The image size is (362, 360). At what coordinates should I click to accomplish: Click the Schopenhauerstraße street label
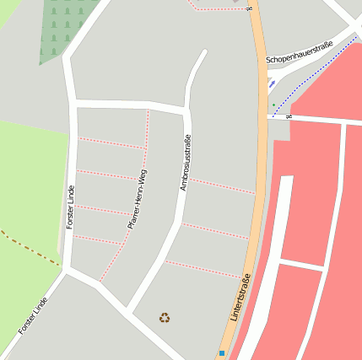[x=300, y=52]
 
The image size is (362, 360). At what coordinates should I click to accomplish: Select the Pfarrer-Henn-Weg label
[x=138, y=199]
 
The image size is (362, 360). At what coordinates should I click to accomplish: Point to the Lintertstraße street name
[x=240, y=298]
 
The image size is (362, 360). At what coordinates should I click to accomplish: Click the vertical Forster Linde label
[x=70, y=206]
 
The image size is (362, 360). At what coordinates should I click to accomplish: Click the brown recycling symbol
[x=164, y=318]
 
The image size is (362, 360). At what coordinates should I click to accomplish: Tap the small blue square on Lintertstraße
[x=222, y=352]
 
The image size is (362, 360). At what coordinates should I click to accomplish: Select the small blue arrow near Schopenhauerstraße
[x=271, y=83]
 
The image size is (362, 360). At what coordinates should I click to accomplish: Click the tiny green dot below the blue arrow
[x=273, y=105]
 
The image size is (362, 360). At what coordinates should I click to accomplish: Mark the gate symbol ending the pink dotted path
[x=249, y=8]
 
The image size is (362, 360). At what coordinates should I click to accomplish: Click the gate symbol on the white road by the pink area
[x=289, y=116]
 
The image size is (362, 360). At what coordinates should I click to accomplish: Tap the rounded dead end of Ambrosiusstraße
[x=203, y=53]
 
